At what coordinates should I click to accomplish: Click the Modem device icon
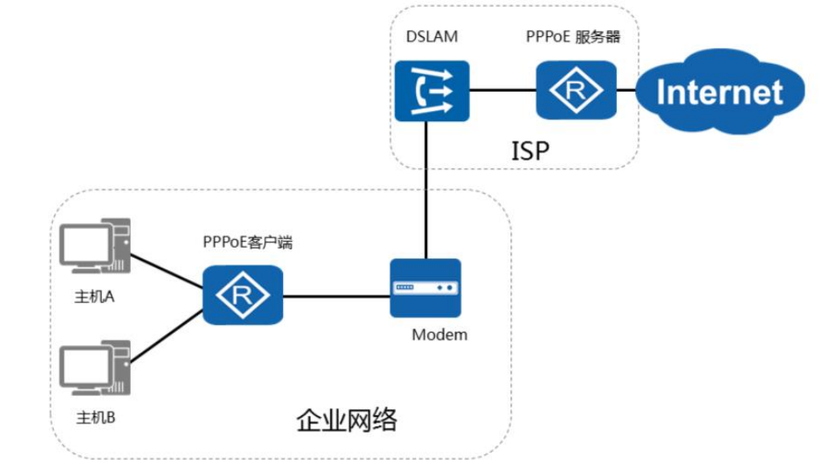(425, 287)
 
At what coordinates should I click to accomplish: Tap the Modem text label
(439, 335)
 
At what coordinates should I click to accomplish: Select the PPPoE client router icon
(242, 296)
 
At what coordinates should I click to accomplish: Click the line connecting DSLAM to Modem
(427, 189)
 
